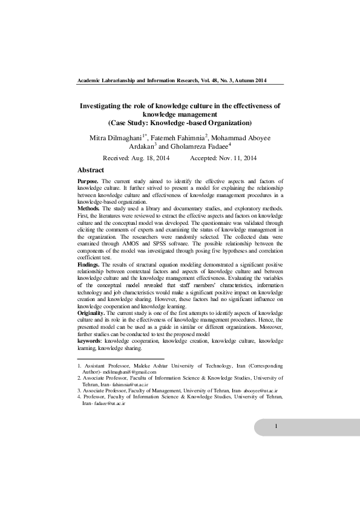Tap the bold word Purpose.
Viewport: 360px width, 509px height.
pyautogui.click(x=88, y=181)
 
